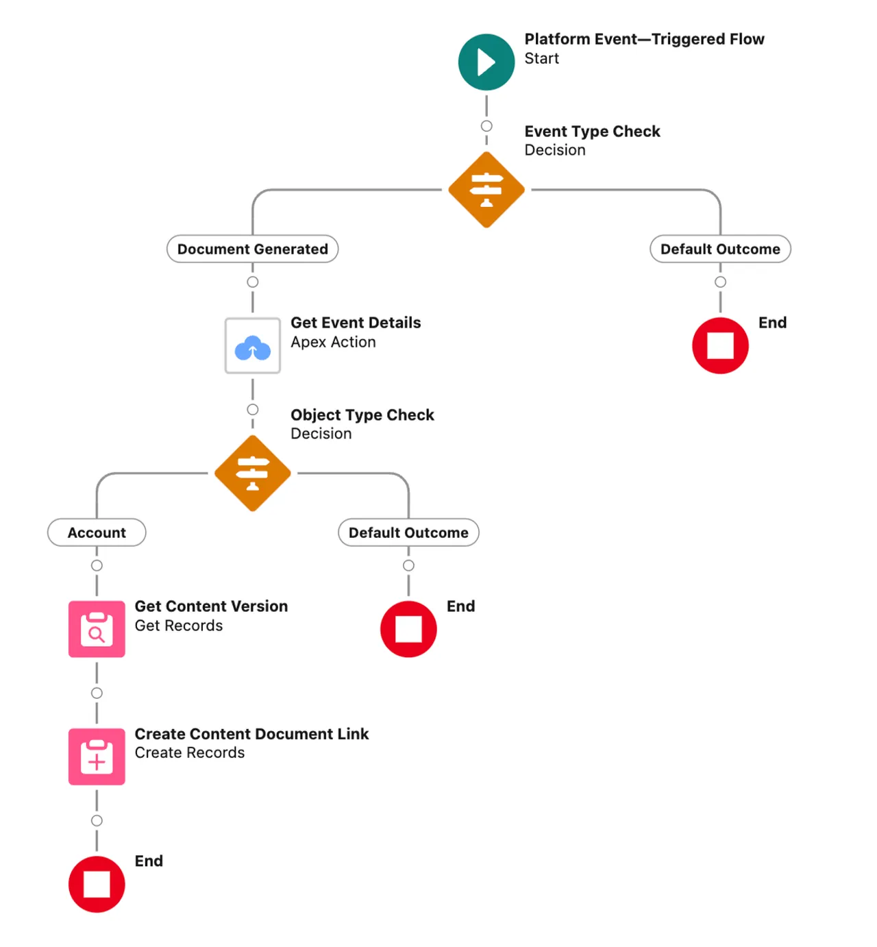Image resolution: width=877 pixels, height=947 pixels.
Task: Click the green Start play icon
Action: [486, 62]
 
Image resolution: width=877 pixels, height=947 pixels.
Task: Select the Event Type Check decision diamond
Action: [486, 190]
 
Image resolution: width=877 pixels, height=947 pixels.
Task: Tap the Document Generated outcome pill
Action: [252, 249]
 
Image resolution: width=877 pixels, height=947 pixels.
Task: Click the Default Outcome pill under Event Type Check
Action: [719, 249]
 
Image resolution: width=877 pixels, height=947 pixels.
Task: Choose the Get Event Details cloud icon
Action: [252, 346]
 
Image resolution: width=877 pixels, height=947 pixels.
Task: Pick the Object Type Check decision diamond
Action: [252, 473]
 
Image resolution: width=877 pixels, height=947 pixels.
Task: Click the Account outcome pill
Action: [97, 533]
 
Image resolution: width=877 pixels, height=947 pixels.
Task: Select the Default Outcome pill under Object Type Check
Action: [408, 533]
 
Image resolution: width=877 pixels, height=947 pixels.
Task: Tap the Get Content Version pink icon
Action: [97, 629]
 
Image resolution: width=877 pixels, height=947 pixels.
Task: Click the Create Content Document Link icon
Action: [97, 757]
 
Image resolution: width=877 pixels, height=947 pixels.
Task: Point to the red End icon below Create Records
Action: [97, 884]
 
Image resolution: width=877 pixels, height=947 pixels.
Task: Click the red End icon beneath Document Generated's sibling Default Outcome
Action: [719, 346]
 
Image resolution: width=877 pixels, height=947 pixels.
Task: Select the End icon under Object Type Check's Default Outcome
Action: [408, 629]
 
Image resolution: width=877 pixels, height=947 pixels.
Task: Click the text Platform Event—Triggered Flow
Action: [644, 39]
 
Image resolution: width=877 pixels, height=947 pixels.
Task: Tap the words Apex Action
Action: [333, 342]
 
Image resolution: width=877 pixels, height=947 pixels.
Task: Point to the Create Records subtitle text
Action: [189, 753]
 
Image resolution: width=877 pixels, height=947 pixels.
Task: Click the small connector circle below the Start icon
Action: [486, 126]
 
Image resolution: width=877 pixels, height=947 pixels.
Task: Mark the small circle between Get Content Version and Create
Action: [97, 693]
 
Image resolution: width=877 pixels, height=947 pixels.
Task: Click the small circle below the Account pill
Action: [97, 565]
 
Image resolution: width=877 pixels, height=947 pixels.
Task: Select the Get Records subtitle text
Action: [178, 626]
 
